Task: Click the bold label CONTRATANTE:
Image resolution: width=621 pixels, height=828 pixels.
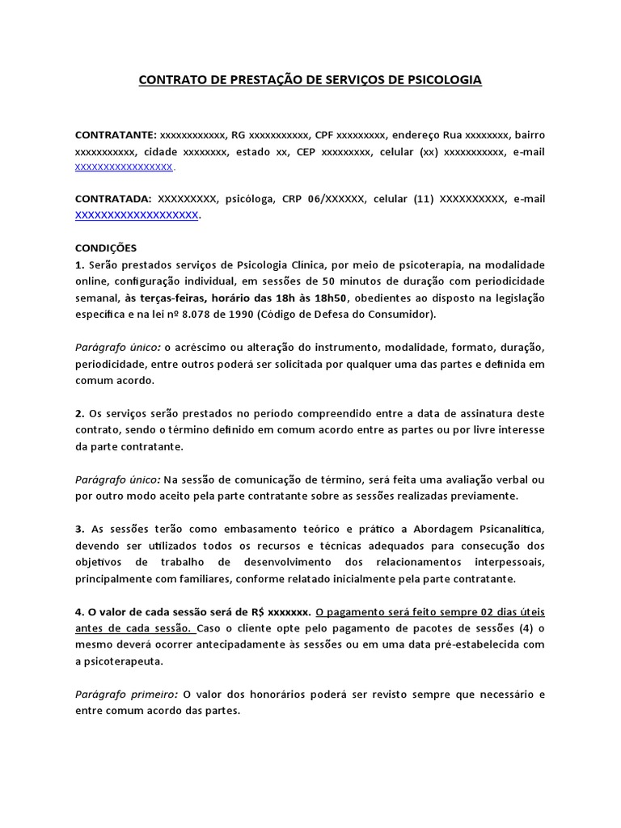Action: coord(116,134)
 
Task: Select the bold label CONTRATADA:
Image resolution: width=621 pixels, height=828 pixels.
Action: coord(113,199)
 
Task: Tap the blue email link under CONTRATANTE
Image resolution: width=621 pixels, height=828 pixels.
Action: coord(124,167)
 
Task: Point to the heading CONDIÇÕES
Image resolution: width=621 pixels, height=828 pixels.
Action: coord(106,247)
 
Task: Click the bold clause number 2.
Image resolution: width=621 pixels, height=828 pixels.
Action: coord(78,413)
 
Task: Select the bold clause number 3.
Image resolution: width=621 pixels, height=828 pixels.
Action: coord(78,529)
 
